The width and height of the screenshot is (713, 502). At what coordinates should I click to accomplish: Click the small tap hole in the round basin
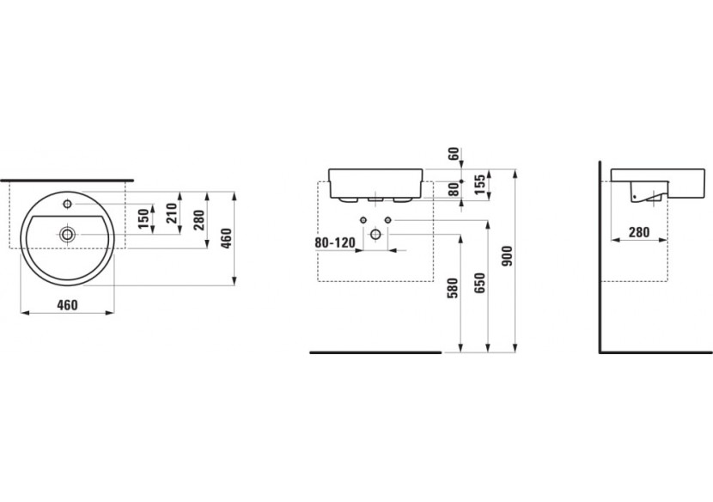[66, 204]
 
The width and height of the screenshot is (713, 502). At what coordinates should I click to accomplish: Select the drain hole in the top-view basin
[66, 233]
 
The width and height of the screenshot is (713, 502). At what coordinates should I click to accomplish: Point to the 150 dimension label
[143, 218]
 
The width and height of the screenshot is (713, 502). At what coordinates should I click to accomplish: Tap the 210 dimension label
[171, 211]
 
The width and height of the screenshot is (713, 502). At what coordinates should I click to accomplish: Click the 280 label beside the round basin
[199, 220]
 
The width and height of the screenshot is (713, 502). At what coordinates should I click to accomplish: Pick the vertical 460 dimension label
[226, 236]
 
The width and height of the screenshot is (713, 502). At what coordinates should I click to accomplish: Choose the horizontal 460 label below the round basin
[68, 304]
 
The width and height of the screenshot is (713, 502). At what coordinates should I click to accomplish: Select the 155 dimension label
[481, 183]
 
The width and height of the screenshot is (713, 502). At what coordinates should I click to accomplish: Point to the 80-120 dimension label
[334, 243]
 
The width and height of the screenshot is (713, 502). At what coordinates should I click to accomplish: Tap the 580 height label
[454, 287]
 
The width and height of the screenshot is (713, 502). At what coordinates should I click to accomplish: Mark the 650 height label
[479, 283]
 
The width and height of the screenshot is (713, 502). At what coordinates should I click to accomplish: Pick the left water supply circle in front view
[364, 221]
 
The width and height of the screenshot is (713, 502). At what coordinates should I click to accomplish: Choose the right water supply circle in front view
[387, 221]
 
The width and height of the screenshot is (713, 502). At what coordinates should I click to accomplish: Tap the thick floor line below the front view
[375, 352]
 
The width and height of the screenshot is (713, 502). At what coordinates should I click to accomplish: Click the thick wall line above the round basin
[68, 181]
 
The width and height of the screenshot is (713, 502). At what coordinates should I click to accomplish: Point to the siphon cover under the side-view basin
[645, 194]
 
